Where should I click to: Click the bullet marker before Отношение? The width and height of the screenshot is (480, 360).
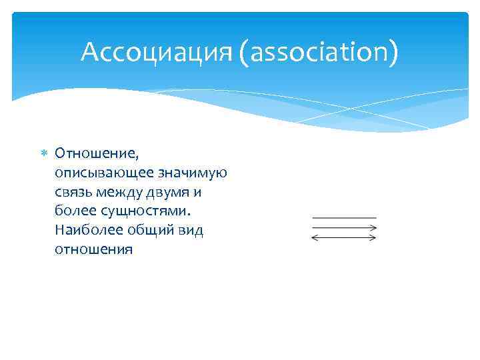click(45, 153)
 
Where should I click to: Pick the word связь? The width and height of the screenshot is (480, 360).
click(74, 192)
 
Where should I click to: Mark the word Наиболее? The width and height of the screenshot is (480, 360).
click(86, 231)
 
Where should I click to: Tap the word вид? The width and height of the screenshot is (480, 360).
click(191, 231)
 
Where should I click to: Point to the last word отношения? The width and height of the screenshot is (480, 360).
click(94, 250)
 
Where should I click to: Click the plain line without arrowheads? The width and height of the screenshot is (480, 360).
click(344, 218)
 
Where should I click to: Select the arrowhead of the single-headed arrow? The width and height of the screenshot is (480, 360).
click(374, 227)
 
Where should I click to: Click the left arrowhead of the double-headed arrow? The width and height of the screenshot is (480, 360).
click(315, 237)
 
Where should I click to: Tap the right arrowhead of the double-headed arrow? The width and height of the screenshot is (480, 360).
click(374, 237)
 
